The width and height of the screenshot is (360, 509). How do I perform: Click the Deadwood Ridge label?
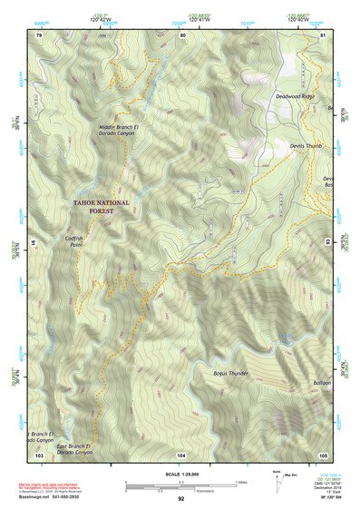click(294, 93)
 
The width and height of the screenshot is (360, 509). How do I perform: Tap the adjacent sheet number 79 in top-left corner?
click(39, 34)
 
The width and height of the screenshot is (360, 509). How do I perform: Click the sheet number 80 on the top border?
click(181, 34)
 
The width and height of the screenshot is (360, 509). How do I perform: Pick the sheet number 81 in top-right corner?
click(323, 34)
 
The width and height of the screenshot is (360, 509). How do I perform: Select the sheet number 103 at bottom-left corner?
click(39, 454)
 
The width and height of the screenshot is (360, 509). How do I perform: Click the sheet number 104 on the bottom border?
click(181, 454)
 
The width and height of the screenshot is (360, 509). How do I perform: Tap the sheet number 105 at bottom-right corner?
click(323, 454)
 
